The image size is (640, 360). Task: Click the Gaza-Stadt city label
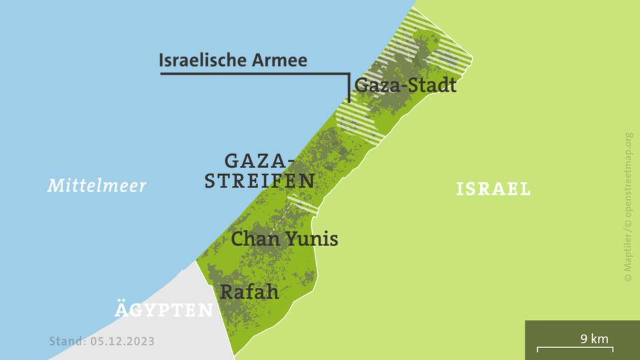point(405,85)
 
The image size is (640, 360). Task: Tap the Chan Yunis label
point(284,239)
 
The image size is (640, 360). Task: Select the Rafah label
point(249,292)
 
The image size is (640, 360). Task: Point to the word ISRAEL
point(493,189)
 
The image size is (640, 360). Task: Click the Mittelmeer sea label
point(97,185)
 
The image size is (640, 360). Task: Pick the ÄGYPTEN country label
point(164,311)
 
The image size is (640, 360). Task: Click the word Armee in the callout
point(280,60)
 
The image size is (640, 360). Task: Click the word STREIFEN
point(260,181)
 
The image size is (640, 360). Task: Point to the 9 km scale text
point(595,339)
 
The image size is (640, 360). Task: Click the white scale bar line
point(582,348)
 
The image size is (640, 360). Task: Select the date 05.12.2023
point(123,341)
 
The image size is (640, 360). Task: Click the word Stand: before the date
point(67,341)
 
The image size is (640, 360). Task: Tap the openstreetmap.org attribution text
point(628,181)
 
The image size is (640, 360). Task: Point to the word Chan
point(254,239)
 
